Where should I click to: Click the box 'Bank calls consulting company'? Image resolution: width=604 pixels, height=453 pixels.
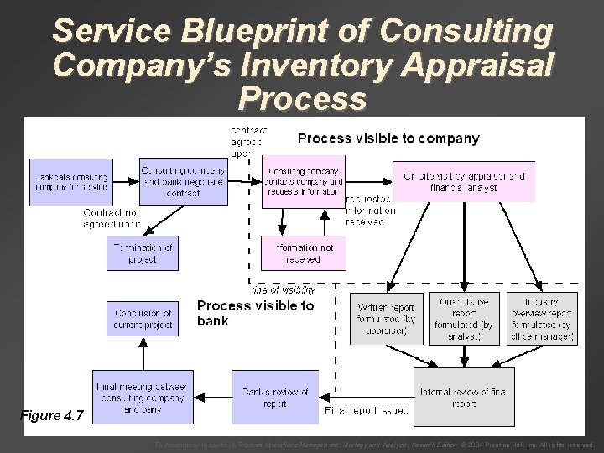coord(70,181)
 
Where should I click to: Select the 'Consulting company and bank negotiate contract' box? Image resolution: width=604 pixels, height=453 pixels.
coord(183,181)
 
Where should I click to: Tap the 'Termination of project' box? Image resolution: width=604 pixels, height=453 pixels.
coord(143,253)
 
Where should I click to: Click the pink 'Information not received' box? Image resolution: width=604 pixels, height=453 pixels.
coord(303,253)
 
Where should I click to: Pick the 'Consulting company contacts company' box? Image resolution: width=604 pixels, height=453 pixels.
coord(303,181)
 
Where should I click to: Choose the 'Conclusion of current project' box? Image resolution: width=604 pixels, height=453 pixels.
coord(143,318)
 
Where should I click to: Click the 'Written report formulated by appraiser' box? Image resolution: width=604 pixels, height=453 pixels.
coord(387,318)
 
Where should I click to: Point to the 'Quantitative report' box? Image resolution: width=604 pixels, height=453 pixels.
coord(463,318)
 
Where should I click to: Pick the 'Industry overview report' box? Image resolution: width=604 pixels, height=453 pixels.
coord(539,318)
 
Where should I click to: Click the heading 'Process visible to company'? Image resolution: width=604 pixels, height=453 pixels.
coord(389,138)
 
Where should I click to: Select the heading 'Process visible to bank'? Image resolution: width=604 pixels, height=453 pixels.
coord(255,312)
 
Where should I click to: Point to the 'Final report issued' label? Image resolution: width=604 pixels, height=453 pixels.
coord(366,411)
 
